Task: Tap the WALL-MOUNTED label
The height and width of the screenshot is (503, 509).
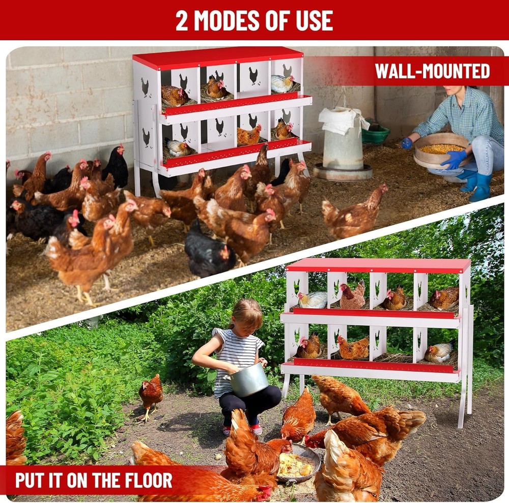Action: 432,71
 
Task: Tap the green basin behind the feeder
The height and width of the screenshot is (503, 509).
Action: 376,134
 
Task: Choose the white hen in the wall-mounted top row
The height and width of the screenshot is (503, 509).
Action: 282,83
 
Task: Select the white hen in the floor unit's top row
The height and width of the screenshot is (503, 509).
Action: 313,300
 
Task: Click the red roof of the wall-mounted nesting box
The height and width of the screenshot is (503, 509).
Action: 219,57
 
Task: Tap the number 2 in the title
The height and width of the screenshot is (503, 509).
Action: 181,20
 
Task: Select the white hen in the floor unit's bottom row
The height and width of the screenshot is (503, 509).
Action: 439,352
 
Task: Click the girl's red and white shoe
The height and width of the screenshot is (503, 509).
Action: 256,430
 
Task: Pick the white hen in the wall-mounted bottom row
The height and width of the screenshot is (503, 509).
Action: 179,148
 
